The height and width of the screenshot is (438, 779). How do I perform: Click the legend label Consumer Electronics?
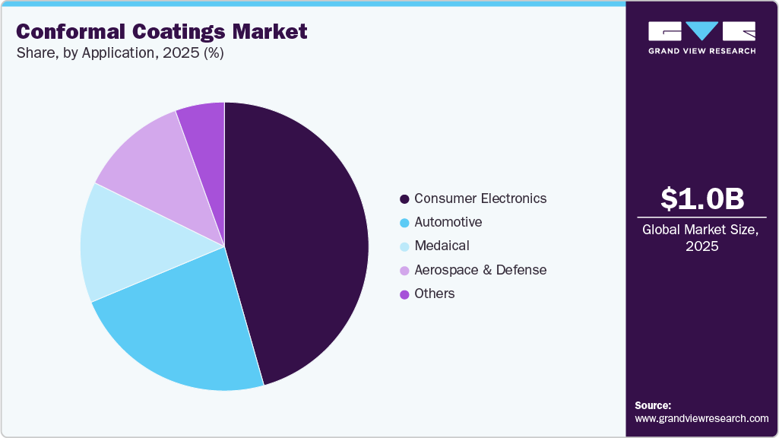tap(480, 198)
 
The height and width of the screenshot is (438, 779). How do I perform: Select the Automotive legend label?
tap(448, 222)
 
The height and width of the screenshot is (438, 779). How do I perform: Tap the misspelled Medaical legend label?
tap(442, 246)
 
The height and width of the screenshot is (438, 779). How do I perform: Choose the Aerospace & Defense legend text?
tap(480, 270)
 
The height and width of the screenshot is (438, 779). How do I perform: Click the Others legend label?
tap(434, 294)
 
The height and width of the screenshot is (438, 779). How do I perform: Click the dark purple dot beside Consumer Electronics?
tap(404, 199)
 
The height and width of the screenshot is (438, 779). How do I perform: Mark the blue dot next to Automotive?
tap(404, 223)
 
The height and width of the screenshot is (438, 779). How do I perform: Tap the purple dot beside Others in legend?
tap(404, 294)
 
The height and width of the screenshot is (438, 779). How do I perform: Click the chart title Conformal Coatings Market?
tap(161, 32)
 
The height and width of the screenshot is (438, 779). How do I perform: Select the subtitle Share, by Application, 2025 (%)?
tap(119, 53)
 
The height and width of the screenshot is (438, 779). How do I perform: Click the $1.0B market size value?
tap(701, 199)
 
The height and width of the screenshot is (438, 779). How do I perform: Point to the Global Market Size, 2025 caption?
tap(701, 237)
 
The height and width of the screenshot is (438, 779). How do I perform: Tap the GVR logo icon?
tap(701, 30)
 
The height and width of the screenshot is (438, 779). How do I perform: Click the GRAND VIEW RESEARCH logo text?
tap(701, 51)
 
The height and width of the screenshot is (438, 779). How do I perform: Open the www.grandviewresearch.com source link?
tap(701, 418)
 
